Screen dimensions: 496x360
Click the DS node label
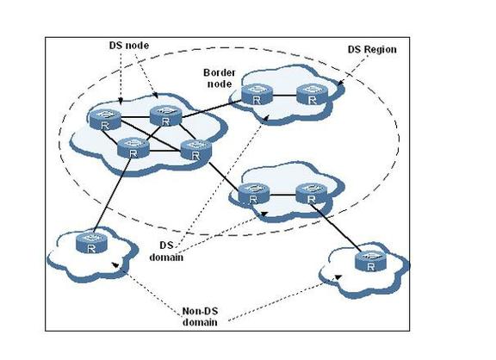pyautogui.click(x=129, y=46)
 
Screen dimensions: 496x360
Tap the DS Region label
pyautogui.click(x=372, y=50)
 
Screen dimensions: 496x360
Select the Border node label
pyautogui.click(x=220, y=78)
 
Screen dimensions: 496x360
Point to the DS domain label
pyautogui.click(x=166, y=251)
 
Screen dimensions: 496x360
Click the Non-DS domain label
pyautogui.click(x=200, y=317)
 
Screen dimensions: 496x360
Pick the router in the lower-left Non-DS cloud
pyautogui.click(x=91, y=243)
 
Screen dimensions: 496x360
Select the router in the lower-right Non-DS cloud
pyautogui.click(x=370, y=261)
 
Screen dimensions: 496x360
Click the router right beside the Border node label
pyautogui.click(x=257, y=94)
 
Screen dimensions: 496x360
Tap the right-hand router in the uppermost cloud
pyautogui.click(x=313, y=94)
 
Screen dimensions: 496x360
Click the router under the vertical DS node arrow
pyautogui.click(x=105, y=119)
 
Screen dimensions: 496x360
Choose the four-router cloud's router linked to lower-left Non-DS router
pyautogui.click(x=133, y=147)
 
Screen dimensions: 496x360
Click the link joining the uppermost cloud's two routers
pyautogui.click(x=285, y=96)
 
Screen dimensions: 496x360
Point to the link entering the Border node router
pyautogui.click(x=211, y=109)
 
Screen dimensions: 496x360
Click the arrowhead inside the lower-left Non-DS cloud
pyautogui.click(x=115, y=264)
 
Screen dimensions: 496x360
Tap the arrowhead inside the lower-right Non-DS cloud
pyautogui.click(x=338, y=277)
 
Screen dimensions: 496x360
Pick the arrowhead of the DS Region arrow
pyautogui.click(x=340, y=83)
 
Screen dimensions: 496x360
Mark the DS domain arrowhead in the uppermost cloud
pyautogui.click(x=266, y=118)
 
